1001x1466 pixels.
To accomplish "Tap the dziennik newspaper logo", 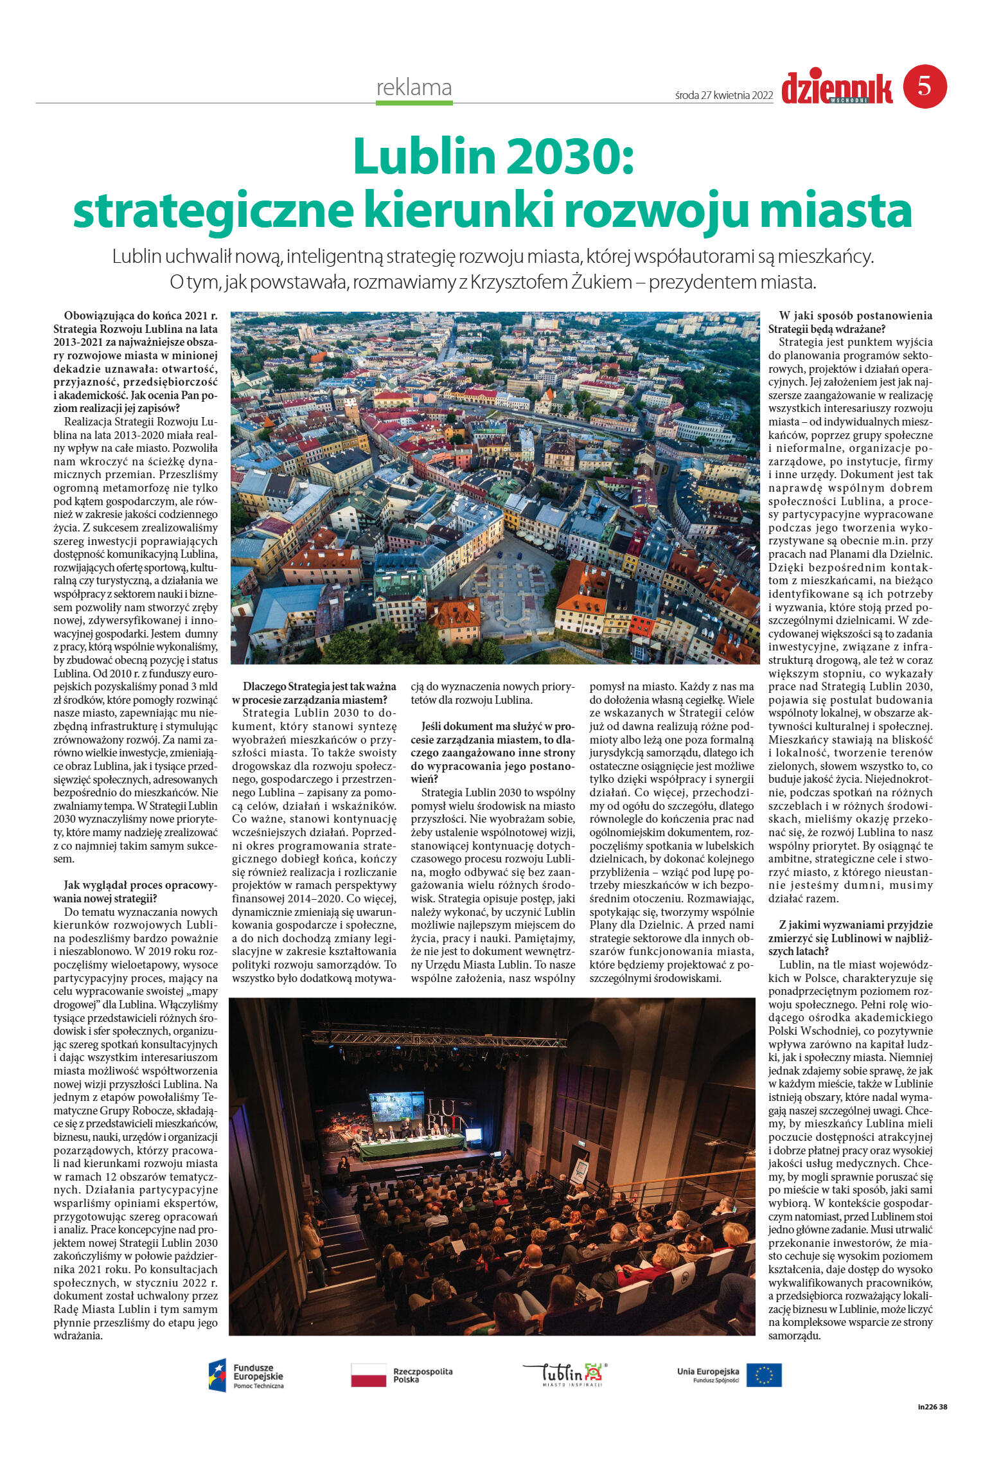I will (x=837, y=88).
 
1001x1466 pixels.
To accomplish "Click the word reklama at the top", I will (x=414, y=87).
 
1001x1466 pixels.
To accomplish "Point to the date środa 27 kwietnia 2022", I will (x=724, y=96).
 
